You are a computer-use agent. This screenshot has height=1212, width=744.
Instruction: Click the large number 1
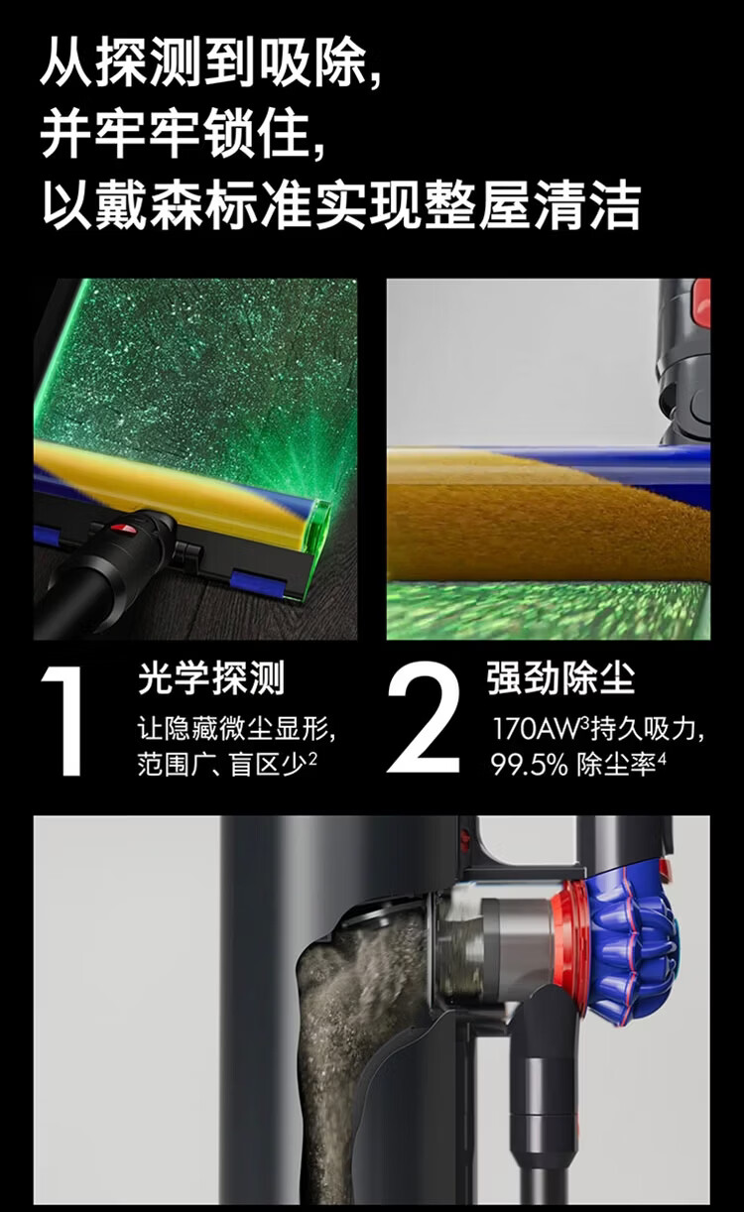(x=64, y=721)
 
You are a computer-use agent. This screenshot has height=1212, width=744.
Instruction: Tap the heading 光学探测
(x=211, y=678)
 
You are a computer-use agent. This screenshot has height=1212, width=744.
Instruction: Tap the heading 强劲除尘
(x=561, y=678)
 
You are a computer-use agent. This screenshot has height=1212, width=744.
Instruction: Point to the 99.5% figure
(x=529, y=766)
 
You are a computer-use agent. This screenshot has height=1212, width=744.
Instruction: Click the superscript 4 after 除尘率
(x=662, y=759)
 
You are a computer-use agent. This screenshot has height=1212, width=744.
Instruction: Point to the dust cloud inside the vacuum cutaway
(x=346, y=1029)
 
